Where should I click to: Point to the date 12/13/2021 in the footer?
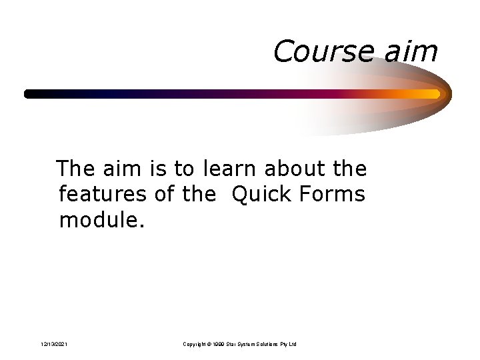(x=53, y=344)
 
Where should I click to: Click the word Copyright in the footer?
(x=195, y=344)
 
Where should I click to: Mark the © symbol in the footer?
(x=209, y=344)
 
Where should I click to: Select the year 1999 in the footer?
(x=219, y=344)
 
